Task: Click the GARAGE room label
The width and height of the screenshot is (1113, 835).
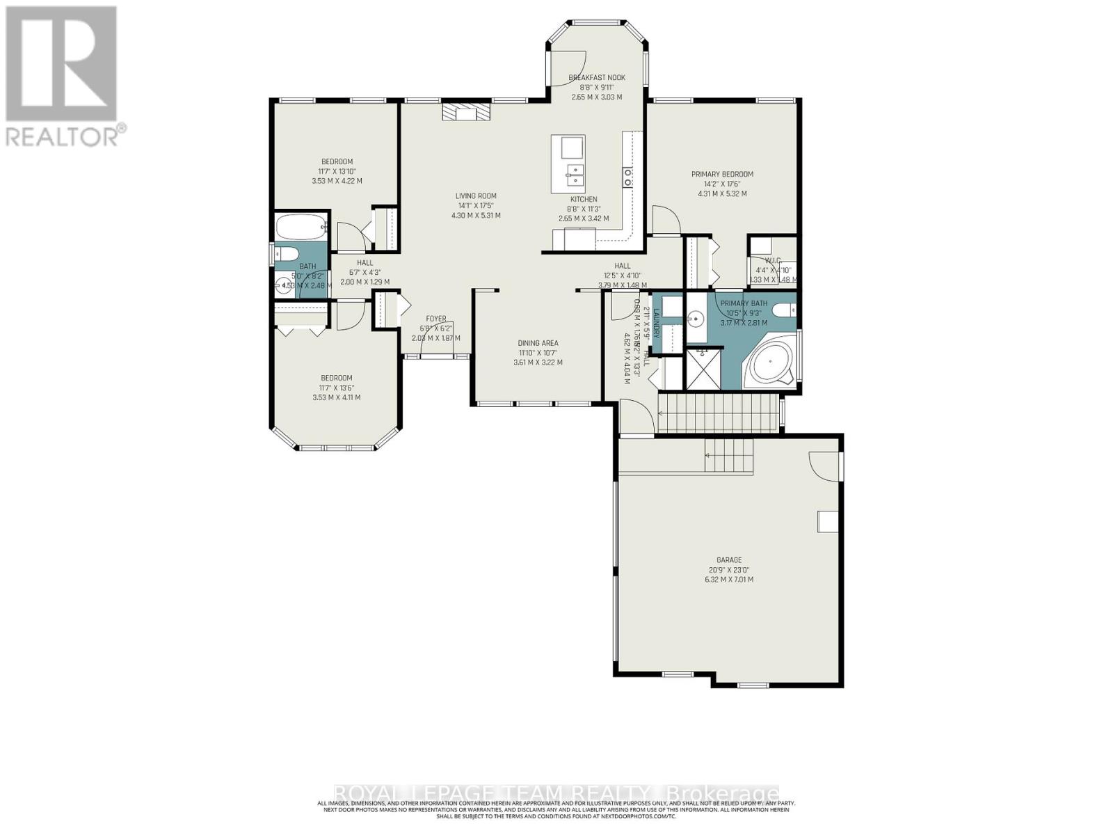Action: [729, 559]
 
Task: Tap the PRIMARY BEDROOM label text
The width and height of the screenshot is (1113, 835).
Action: [722, 175]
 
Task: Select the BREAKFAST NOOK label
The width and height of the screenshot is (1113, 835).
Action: [597, 78]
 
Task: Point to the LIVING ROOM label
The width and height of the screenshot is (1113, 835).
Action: [476, 196]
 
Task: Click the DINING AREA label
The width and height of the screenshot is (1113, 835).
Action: [538, 343]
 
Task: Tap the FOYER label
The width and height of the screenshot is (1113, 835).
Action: [436, 319]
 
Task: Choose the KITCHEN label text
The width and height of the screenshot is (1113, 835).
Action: [584, 200]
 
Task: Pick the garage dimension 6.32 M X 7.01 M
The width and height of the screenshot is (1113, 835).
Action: [729, 579]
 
